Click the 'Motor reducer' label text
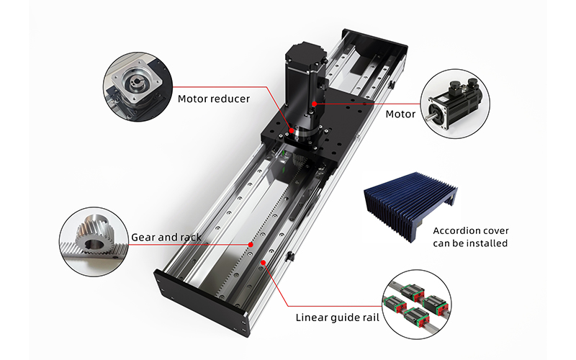214,98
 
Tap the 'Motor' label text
400,114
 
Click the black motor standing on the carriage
303,79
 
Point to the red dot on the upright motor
314,104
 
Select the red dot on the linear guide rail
265,264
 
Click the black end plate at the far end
367,43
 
